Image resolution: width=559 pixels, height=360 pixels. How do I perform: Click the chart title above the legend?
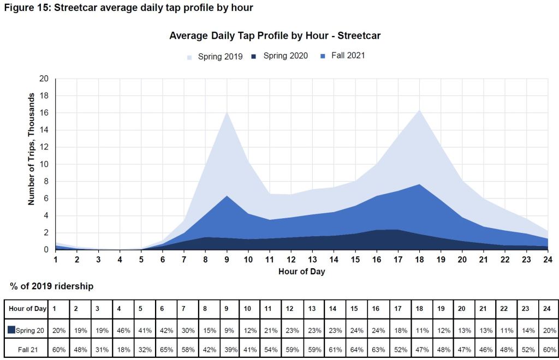pyautogui.click(x=275, y=36)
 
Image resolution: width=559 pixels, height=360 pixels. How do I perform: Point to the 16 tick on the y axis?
pyautogui.click(x=44, y=113)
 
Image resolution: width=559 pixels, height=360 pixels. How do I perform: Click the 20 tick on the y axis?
pyautogui.click(x=44, y=79)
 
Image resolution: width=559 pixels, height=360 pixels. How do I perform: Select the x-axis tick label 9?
pyautogui.click(x=227, y=260)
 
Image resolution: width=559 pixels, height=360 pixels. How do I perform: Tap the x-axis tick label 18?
pyautogui.click(x=419, y=260)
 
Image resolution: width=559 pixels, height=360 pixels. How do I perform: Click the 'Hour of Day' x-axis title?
pyautogui.click(x=301, y=271)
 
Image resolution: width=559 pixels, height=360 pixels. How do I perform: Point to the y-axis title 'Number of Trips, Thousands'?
pyautogui.click(x=32, y=148)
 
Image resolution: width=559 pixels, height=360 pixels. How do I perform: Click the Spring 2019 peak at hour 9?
pyautogui.click(x=227, y=112)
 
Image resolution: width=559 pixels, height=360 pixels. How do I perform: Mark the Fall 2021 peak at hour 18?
pyautogui.click(x=419, y=184)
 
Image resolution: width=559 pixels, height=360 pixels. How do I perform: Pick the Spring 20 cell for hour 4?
pyautogui.click(x=122, y=329)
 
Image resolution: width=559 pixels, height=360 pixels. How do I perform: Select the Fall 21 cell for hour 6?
pyautogui.click(x=165, y=349)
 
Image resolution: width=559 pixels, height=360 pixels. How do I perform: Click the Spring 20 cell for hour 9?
pyautogui.click(x=228, y=329)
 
